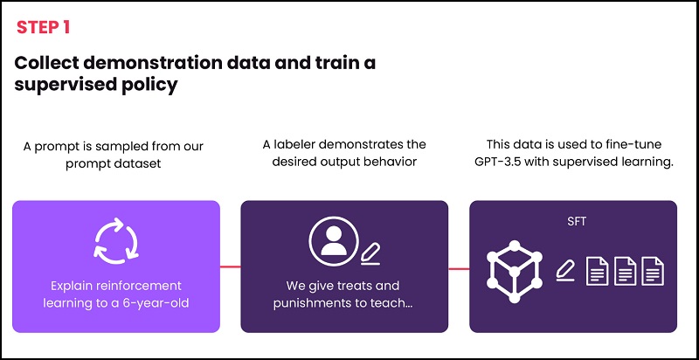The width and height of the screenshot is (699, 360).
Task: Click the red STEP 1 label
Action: pos(43,27)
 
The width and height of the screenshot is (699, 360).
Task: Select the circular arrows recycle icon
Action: pos(115,241)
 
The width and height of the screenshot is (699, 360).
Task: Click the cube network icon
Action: pos(515,268)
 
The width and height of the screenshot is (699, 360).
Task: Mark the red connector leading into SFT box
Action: pos(459,267)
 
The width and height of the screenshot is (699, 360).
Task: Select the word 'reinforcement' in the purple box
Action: pos(140,286)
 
